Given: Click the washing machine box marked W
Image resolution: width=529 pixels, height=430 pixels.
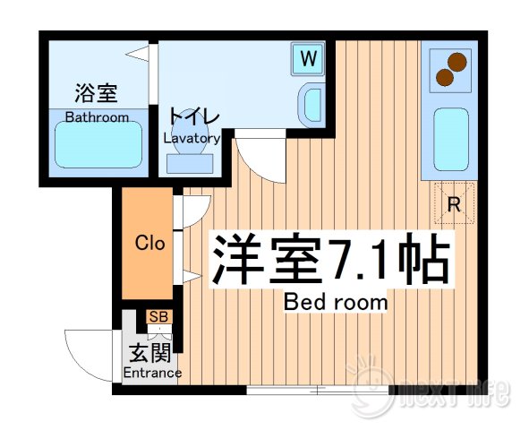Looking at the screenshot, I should coord(308,60).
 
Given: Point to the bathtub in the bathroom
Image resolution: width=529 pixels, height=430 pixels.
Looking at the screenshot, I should coord(98,144).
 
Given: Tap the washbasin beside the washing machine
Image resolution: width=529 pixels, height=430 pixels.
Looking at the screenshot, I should coord(312,103).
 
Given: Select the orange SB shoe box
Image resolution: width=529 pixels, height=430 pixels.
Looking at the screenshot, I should coord(158,316).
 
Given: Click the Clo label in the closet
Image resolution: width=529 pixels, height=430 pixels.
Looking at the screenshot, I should coord(149,243).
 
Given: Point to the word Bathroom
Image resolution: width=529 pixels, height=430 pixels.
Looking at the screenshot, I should coord(98,117).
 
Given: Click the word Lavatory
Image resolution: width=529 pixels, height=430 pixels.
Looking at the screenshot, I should coord(192,139).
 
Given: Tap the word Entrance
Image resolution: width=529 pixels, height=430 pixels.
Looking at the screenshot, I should coord(152,373).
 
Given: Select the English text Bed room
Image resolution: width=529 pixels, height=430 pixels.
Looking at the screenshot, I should coord(336,302).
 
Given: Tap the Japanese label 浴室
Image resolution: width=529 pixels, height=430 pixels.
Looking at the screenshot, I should coord(97,93).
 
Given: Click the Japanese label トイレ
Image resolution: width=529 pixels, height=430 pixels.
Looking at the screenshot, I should coord(192,116).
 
